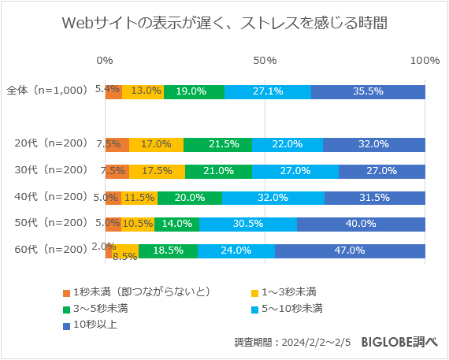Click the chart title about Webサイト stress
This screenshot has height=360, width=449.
tap(224, 24)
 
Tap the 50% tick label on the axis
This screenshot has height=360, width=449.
tap(265, 61)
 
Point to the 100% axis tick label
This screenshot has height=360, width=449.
tap(425, 61)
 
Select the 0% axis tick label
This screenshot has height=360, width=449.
tap(104, 61)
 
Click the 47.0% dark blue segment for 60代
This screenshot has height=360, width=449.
tap(350, 251)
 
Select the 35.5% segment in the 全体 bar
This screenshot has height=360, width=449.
tap(368, 91)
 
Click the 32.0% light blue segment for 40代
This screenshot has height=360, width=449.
tap(273, 198)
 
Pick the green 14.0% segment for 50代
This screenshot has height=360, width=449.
tap(177, 224)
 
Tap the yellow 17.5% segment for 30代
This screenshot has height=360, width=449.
tap(158, 171)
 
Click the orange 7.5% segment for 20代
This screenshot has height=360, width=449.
tap(117, 144)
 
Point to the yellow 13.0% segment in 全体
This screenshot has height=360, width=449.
tap(143, 91)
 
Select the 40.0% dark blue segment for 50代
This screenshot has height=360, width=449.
tap(361, 224)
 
